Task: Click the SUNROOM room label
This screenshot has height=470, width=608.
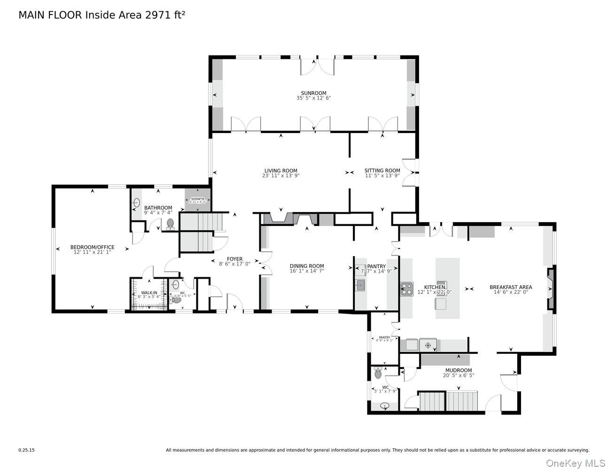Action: (x=313, y=93)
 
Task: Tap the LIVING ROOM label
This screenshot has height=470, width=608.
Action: (x=281, y=171)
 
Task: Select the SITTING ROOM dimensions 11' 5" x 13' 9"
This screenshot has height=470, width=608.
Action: (x=382, y=176)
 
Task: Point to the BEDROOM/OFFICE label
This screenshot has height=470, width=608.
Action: (x=92, y=247)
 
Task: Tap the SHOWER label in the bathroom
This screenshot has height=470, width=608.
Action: (x=197, y=199)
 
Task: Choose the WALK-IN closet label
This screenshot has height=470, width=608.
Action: (x=149, y=293)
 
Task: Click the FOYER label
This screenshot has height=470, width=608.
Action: (x=234, y=259)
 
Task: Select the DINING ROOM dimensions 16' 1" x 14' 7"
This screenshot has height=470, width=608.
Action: (x=307, y=271)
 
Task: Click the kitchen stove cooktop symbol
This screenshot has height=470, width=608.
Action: (x=406, y=289)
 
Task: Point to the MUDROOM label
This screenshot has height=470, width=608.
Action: (x=458, y=370)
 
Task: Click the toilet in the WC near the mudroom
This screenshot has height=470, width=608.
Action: (x=378, y=373)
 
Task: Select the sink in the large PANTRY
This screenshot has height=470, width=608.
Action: (x=360, y=284)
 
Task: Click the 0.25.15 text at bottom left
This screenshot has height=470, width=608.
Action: (x=27, y=450)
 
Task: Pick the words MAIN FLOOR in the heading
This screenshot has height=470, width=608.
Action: (x=50, y=15)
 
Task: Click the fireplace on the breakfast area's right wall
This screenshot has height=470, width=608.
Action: (x=551, y=288)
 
